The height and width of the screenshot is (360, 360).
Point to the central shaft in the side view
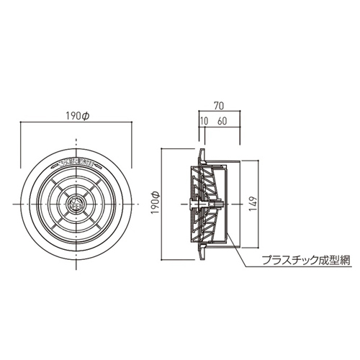pos(205,204)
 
